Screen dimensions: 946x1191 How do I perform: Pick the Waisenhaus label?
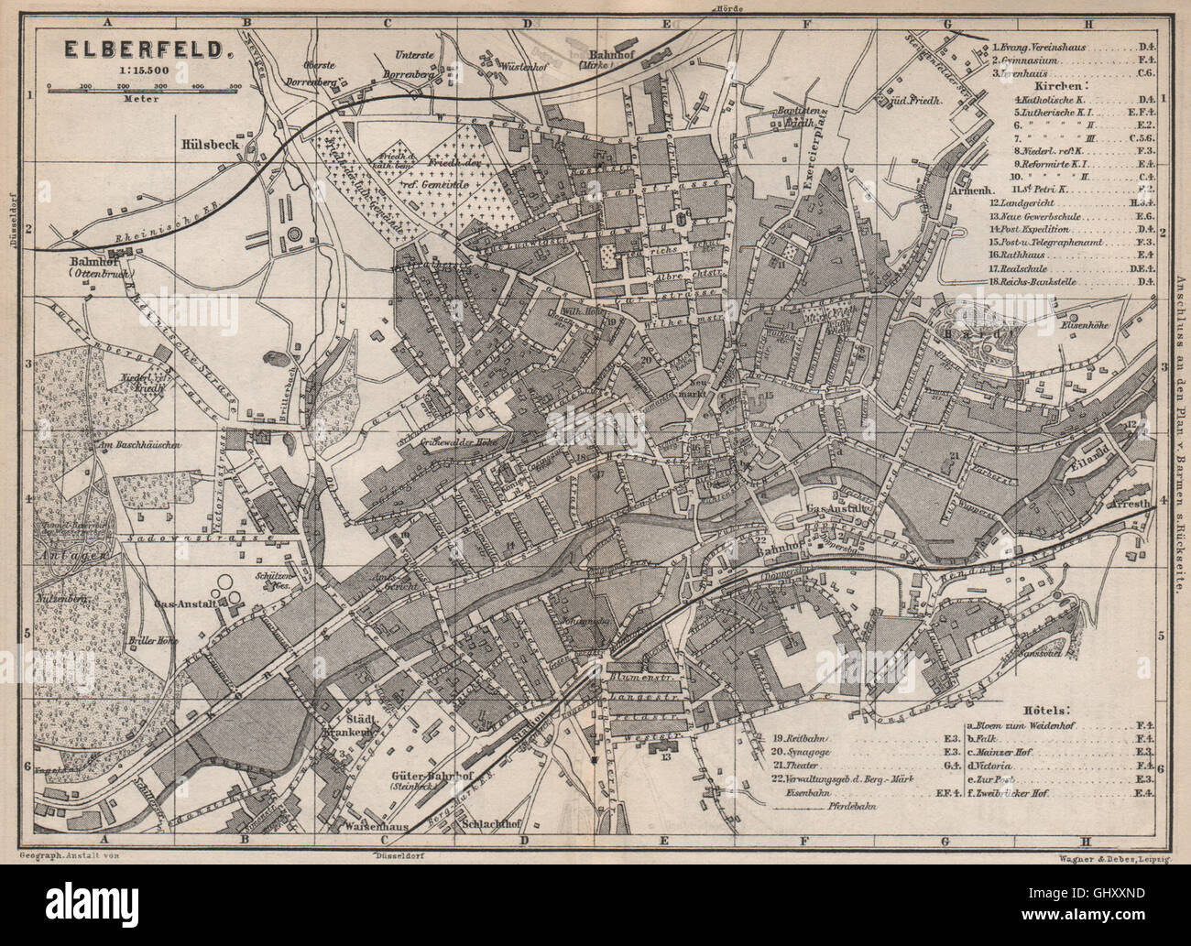(x=366, y=821)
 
